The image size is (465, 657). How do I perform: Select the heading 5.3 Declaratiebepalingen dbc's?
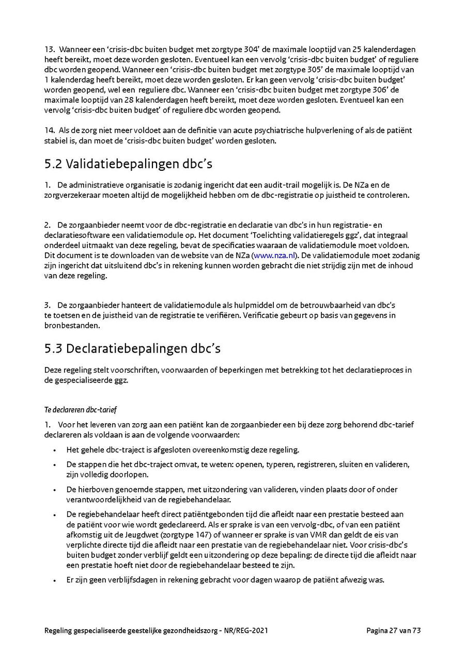coord(132,348)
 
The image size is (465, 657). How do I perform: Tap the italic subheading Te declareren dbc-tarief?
coord(81,410)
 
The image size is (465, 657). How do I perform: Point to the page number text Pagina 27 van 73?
coord(394,630)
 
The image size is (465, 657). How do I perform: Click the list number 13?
coord(49,50)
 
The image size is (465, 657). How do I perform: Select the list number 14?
coord(49,131)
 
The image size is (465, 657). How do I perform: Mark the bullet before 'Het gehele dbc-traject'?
coord(54,450)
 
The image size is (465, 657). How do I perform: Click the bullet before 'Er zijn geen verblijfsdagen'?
coord(54,580)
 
